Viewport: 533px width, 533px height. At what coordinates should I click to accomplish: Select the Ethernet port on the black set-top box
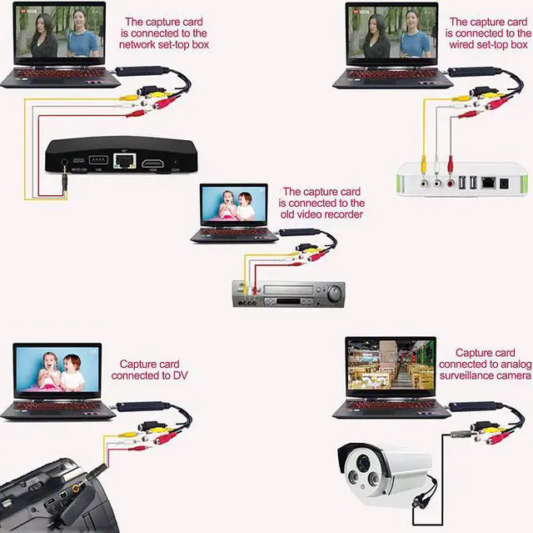(x=124, y=160)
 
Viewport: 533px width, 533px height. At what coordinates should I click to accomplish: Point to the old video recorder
(x=287, y=294)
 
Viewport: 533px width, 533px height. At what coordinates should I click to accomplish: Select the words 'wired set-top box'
(x=488, y=44)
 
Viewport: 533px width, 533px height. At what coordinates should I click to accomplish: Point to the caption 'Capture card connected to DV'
(x=149, y=370)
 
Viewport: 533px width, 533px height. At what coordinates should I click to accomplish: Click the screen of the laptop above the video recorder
(x=234, y=206)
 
